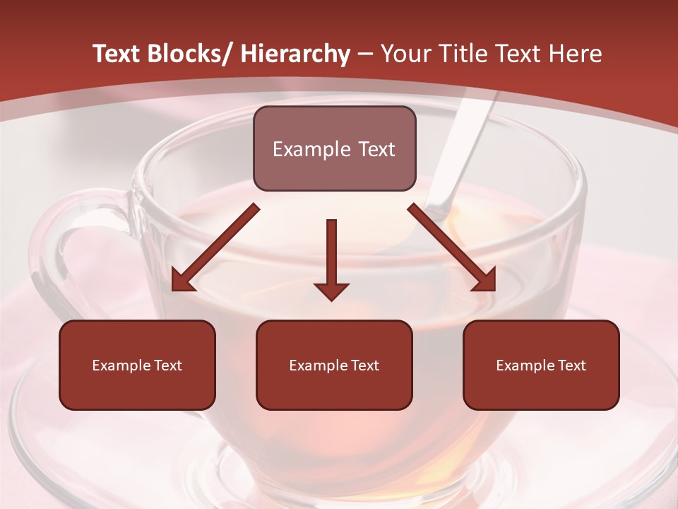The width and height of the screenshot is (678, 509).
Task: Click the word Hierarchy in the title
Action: (295, 54)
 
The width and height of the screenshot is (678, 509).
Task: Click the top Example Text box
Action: (334, 148)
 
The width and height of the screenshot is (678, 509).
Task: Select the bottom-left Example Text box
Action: (137, 365)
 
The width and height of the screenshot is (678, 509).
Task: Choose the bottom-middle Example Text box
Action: (334, 365)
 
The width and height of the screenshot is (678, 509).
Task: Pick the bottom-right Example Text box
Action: (541, 365)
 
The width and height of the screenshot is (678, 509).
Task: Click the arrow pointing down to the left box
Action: (215, 248)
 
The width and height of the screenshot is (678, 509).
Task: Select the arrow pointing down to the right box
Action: (452, 248)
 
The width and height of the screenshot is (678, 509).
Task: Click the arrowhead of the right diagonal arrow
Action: (486, 281)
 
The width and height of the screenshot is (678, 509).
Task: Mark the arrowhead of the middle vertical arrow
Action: (331, 291)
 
